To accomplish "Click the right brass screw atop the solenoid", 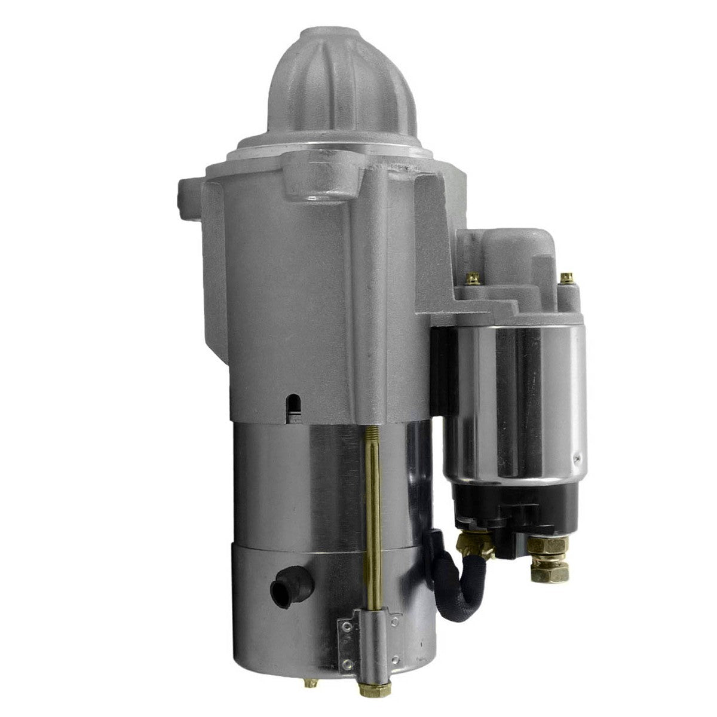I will tap(565, 279).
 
